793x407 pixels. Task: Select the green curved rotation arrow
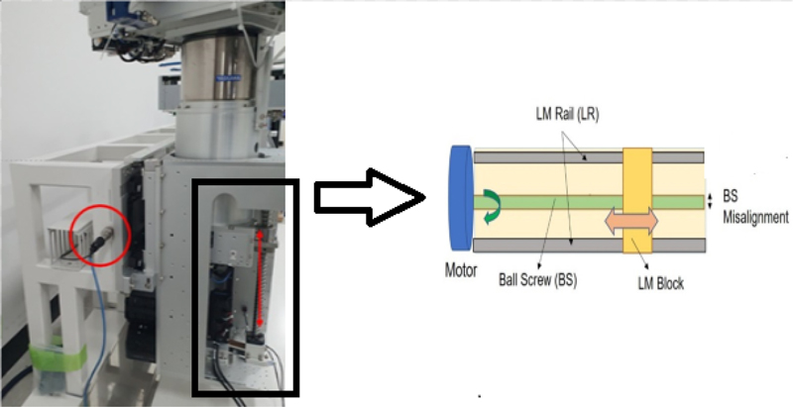pyautogui.click(x=493, y=202)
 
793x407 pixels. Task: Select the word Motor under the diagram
pyautogui.click(x=460, y=266)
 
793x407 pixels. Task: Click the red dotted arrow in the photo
pyautogui.click(x=260, y=278)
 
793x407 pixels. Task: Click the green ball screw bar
pyautogui.click(x=555, y=202)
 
